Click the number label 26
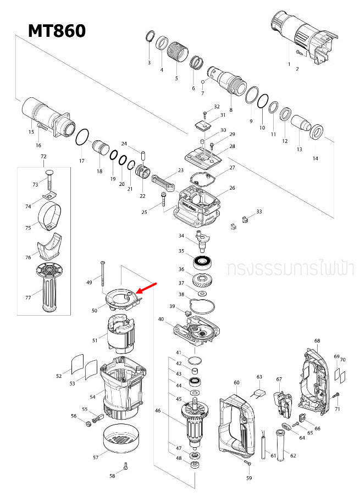click(x=232, y=188)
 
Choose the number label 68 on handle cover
click(x=317, y=341)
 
